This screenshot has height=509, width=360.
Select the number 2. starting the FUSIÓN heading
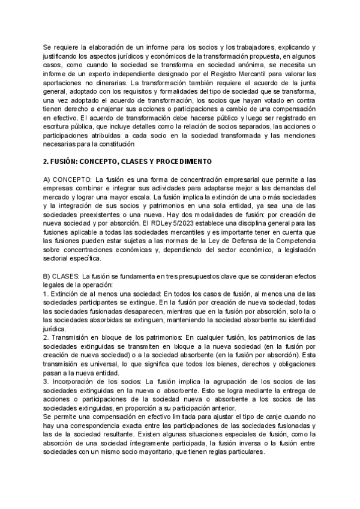coord(47,162)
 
